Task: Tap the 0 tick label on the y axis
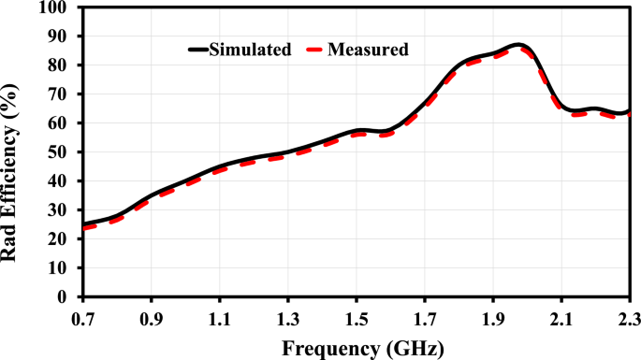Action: pyautogui.click(x=66, y=297)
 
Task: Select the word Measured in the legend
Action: pyautogui.click(x=368, y=50)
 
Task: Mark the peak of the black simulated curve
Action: pyautogui.click(x=518, y=44)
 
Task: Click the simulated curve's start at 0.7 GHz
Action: pyautogui.click(x=83, y=224)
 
